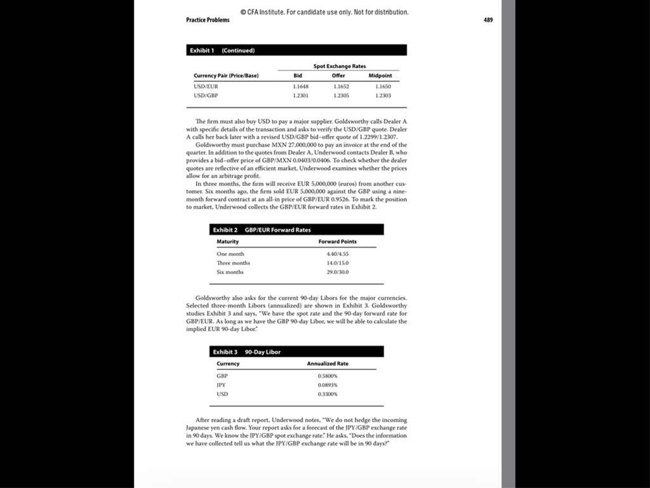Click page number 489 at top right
pyautogui.click(x=488, y=20)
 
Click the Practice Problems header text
pyautogui.click(x=208, y=20)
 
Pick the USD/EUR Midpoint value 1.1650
pyautogui.click(x=383, y=86)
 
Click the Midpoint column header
pyautogui.click(x=380, y=76)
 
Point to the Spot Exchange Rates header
pyautogui.click(x=340, y=66)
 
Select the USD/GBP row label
pyautogui.click(x=206, y=95)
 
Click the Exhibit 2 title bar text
pyautogui.click(x=262, y=229)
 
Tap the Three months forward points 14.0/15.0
pyautogui.click(x=337, y=263)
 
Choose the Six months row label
pyautogui.click(x=230, y=272)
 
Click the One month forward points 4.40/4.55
pyautogui.click(x=337, y=254)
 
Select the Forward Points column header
pyautogui.click(x=337, y=241)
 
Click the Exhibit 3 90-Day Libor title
pyautogui.click(x=247, y=351)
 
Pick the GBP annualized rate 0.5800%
pyautogui.click(x=328, y=376)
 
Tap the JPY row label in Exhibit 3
pyautogui.click(x=222, y=385)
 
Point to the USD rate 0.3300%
pyautogui.click(x=328, y=394)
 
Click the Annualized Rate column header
pyautogui.click(x=328, y=363)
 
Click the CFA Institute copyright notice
pyautogui.click(x=324, y=12)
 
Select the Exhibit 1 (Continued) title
pyautogui.click(x=222, y=50)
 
